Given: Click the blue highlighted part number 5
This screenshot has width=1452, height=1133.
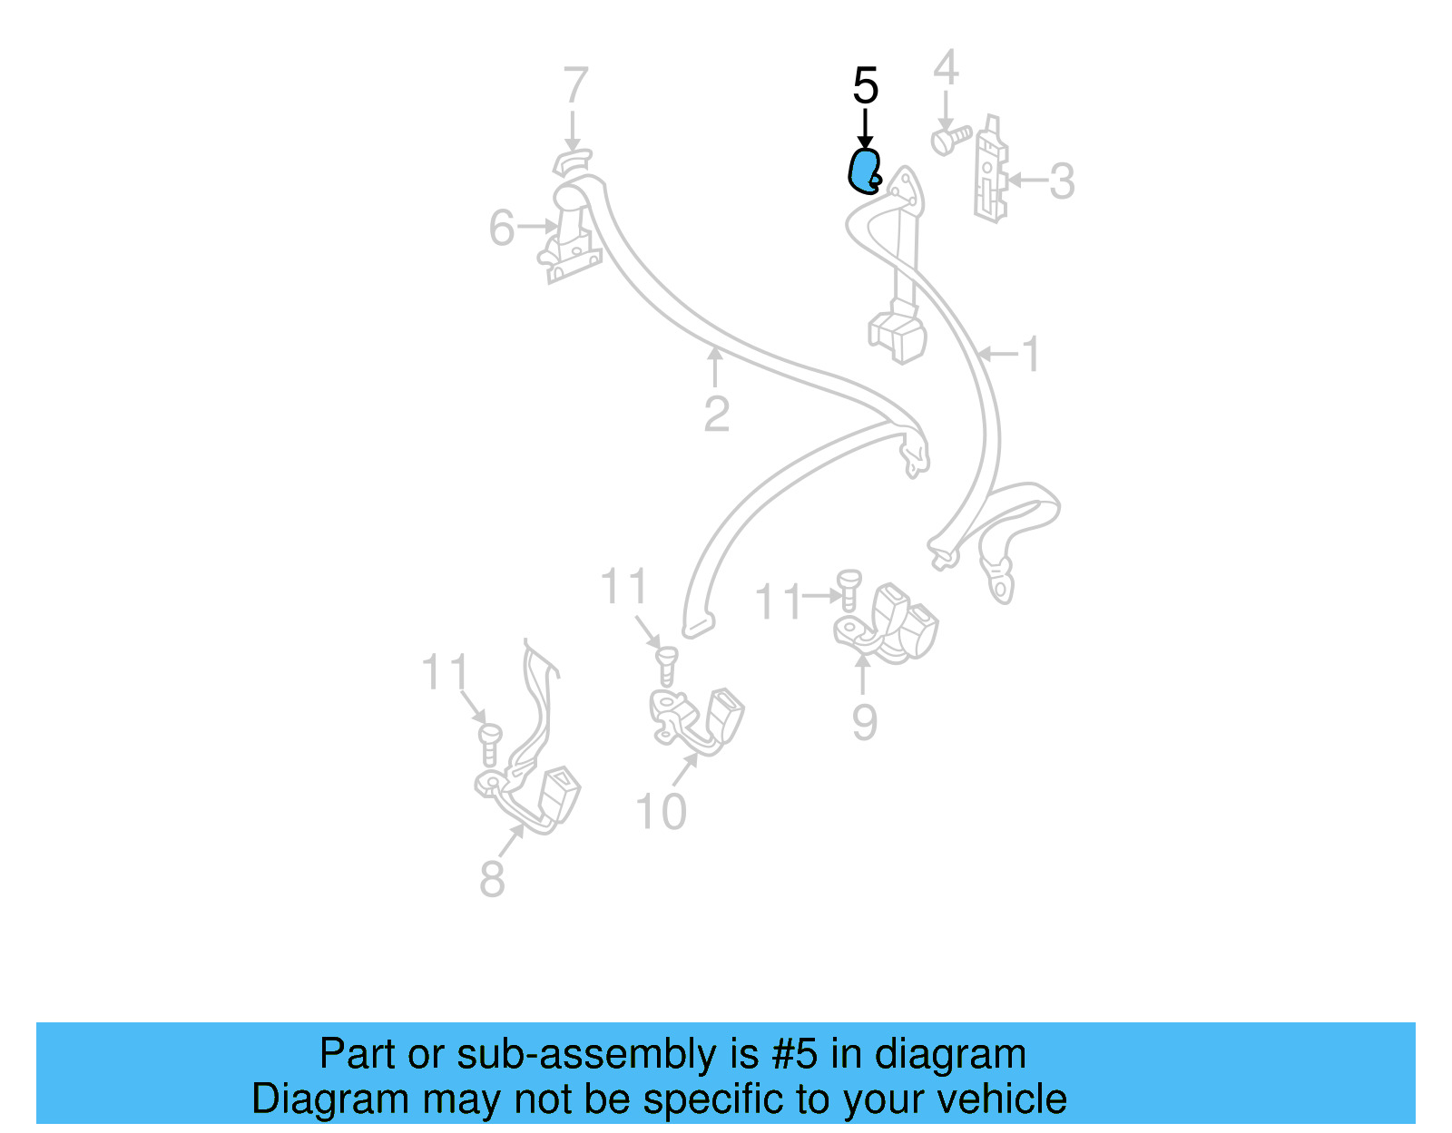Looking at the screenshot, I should click(863, 171).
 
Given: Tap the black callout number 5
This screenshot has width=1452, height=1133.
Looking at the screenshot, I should click(865, 87).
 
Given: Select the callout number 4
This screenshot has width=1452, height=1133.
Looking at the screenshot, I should click(946, 69).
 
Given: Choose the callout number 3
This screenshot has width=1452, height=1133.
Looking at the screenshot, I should click(1062, 181).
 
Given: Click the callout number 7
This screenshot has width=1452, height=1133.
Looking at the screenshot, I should click(575, 87).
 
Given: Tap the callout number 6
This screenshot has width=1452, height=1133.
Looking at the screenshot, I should click(502, 228).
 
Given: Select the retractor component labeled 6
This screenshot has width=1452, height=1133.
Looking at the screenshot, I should click(572, 238).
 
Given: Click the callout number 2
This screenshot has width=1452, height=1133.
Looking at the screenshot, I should click(716, 415).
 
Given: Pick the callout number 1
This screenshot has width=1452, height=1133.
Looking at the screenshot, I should click(1031, 354).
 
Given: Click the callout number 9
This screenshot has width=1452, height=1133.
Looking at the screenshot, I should click(864, 723).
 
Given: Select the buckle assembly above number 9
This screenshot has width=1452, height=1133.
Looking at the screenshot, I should click(889, 623).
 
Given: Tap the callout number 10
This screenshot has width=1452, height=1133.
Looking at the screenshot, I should click(661, 812).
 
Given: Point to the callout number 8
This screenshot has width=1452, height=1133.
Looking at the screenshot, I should click(492, 879).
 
